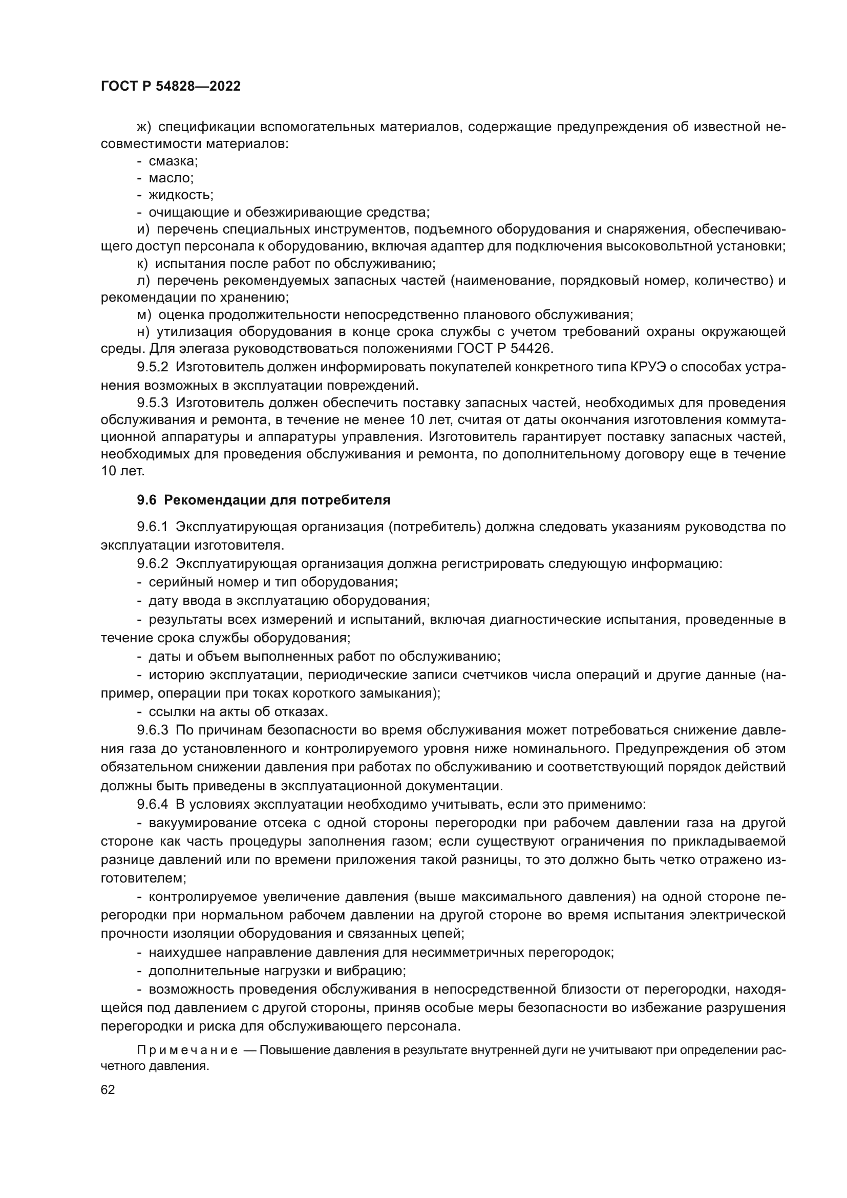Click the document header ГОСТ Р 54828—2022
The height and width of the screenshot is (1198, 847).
point(171,87)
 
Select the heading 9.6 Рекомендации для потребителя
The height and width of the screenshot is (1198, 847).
point(263,500)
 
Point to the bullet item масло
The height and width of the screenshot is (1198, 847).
point(171,178)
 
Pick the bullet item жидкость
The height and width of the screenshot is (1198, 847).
point(180,195)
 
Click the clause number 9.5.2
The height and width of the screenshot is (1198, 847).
point(153,367)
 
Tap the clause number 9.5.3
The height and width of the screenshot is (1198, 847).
point(153,403)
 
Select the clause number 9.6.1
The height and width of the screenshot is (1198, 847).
point(153,527)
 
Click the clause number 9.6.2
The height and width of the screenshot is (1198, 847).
point(153,563)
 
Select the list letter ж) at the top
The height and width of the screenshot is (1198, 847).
point(143,127)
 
